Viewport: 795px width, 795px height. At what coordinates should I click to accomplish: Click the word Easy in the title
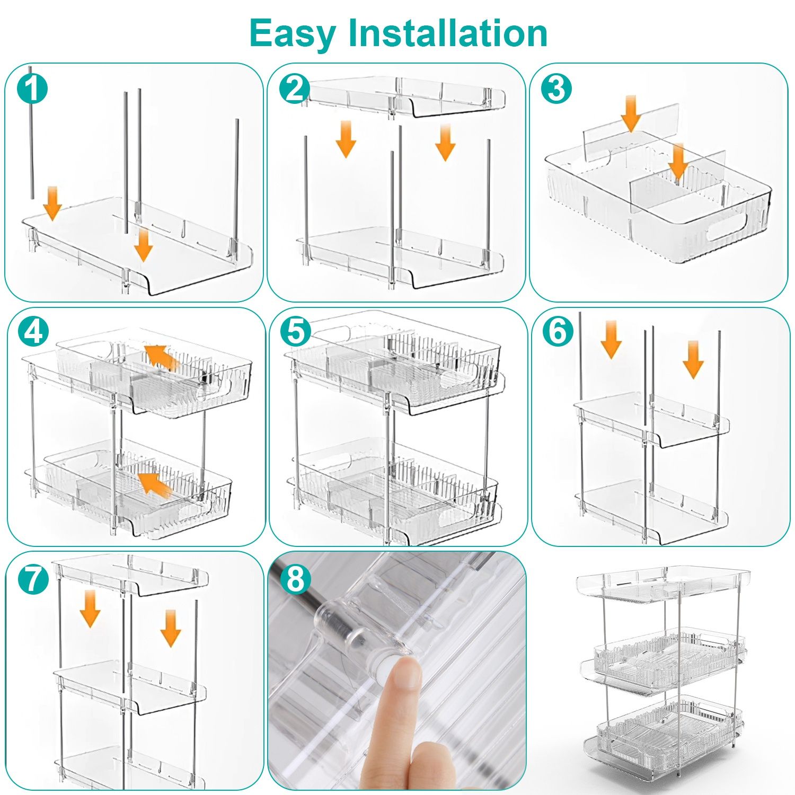[x=292, y=33]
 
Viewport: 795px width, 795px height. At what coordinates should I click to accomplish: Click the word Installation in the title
[x=447, y=33]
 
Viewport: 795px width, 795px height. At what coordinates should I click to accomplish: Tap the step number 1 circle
[x=32, y=88]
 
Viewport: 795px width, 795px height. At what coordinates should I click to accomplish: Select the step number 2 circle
[x=295, y=88]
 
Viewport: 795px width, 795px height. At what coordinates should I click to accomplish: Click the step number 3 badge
[x=556, y=88]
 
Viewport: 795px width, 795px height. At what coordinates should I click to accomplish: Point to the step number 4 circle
[x=33, y=332]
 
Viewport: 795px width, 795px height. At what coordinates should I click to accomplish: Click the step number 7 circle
[x=33, y=578]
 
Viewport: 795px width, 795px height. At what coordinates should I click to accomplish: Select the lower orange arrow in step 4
[x=155, y=484]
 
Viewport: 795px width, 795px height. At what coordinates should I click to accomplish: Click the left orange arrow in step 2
[x=346, y=139]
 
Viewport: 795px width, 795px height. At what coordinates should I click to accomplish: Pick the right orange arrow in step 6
[x=693, y=360]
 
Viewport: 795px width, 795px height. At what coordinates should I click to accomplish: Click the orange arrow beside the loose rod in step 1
[x=52, y=203]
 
